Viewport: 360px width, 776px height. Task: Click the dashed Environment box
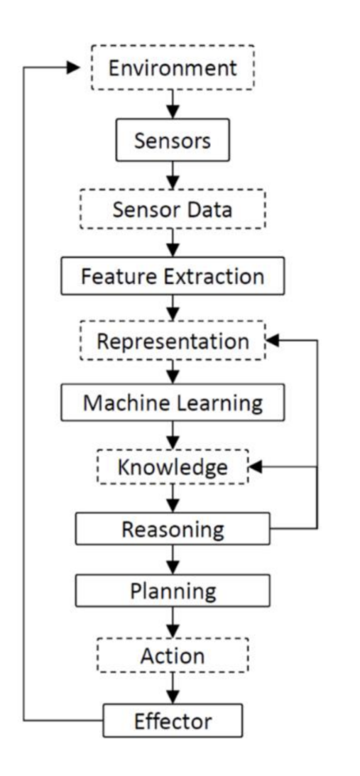pyautogui.click(x=173, y=69)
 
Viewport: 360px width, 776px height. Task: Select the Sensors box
pyautogui.click(x=173, y=141)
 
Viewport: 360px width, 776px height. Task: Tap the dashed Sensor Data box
pyautogui.click(x=173, y=211)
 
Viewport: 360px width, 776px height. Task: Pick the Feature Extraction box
pyautogui.click(x=173, y=276)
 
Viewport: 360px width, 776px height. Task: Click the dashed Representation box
pyautogui.click(x=173, y=341)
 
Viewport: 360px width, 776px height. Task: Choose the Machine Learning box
pyautogui.click(x=173, y=403)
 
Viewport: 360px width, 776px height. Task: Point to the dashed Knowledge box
pyautogui.click(x=173, y=467)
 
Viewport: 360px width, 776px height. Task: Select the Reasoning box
pyautogui.click(x=173, y=529)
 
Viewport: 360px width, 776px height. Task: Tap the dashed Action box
pyautogui.click(x=173, y=655)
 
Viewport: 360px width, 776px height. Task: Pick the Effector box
pyautogui.click(x=173, y=721)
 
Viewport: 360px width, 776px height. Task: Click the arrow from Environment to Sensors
pyautogui.click(x=173, y=105)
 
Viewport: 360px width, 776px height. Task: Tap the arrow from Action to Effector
pyautogui.click(x=173, y=688)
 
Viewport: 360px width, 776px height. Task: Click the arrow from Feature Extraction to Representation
pyautogui.click(x=173, y=309)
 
